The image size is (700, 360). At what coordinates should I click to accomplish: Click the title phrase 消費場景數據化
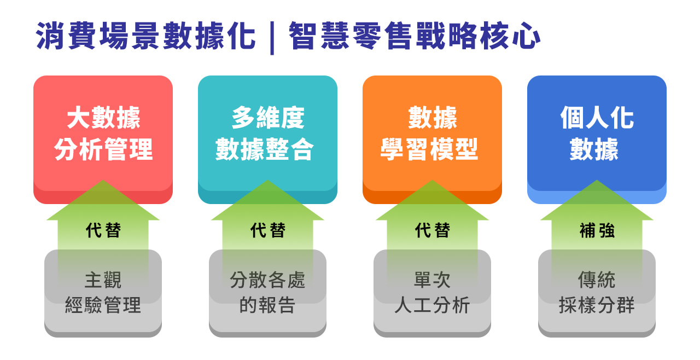click(x=146, y=36)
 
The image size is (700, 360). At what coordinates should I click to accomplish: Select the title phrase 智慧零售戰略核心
click(x=415, y=36)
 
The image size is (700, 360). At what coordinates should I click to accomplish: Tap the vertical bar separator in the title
click(x=272, y=38)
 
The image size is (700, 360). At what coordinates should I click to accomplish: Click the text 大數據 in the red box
click(x=103, y=118)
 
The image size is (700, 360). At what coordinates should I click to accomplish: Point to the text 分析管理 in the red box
click(x=103, y=149)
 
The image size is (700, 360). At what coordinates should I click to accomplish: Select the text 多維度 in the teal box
click(x=268, y=118)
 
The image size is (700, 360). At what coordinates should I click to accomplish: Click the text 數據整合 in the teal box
click(x=264, y=149)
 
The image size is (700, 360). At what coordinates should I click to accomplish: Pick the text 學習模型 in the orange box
click(x=429, y=149)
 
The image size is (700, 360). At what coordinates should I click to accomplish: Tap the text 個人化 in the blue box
click(x=597, y=118)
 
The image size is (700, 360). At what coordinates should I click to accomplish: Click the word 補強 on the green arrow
click(x=597, y=230)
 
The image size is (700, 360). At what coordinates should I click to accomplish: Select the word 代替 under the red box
click(x=103, y=230)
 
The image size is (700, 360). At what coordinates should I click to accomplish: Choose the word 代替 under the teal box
click(x=268, y=230)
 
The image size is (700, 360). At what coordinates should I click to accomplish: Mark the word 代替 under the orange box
click(x=433, y=230)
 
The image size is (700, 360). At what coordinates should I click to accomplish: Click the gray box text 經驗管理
click(x=103, y=305)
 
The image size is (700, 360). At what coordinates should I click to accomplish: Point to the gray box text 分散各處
click(x=267, y=280)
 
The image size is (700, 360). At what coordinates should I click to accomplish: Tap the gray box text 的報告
click(x=267, y=305)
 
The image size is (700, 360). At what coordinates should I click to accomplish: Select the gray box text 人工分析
click(x=432, y=305)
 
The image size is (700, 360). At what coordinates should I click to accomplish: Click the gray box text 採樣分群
click(x=597, y=305)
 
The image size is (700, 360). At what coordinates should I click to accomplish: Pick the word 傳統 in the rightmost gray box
click(x=597, y=280)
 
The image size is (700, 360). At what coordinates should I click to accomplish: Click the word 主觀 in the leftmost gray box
click(x=103, y=280)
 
